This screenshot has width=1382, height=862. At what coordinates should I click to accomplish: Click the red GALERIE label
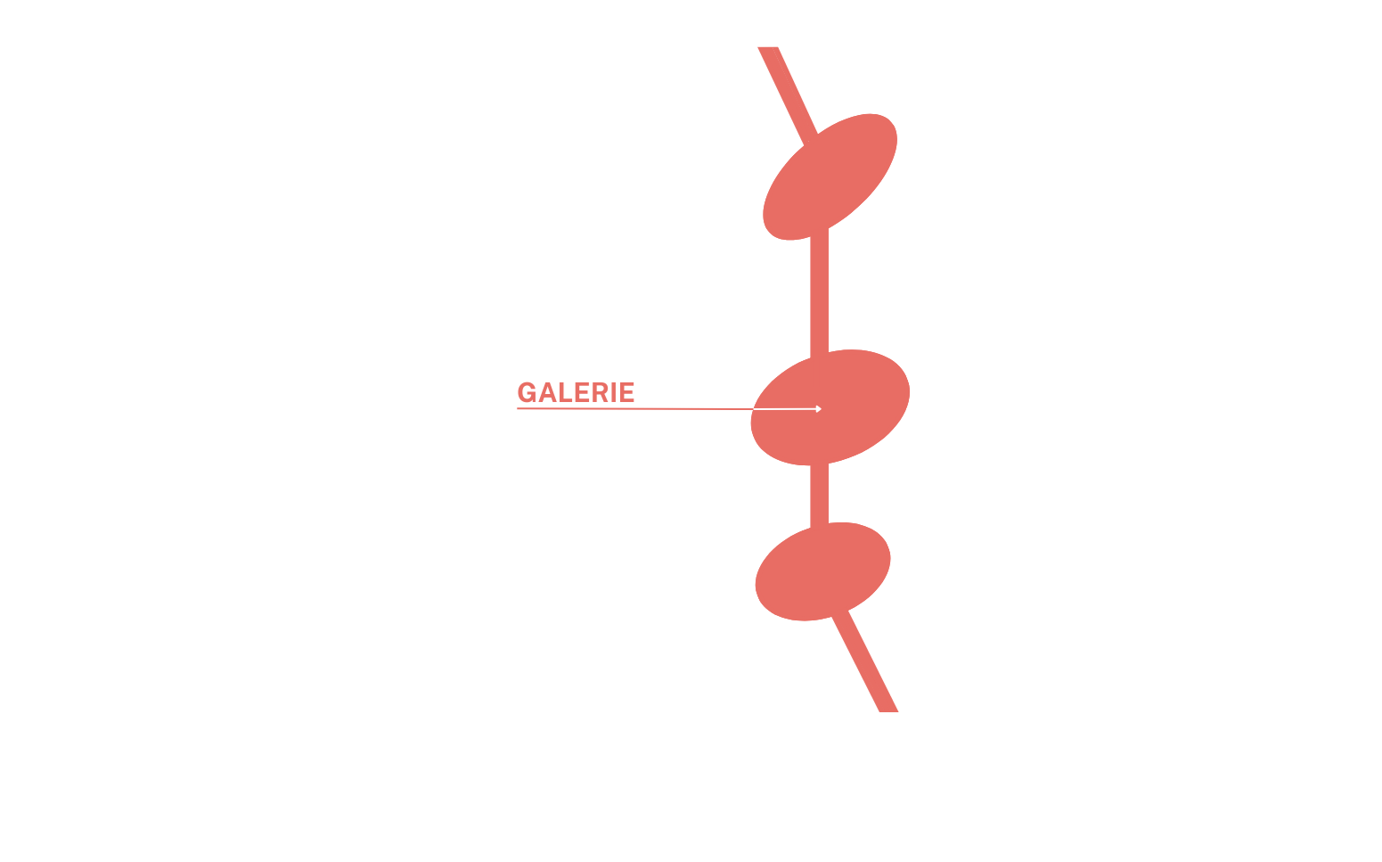pyautogui.click(x=576, y=392)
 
